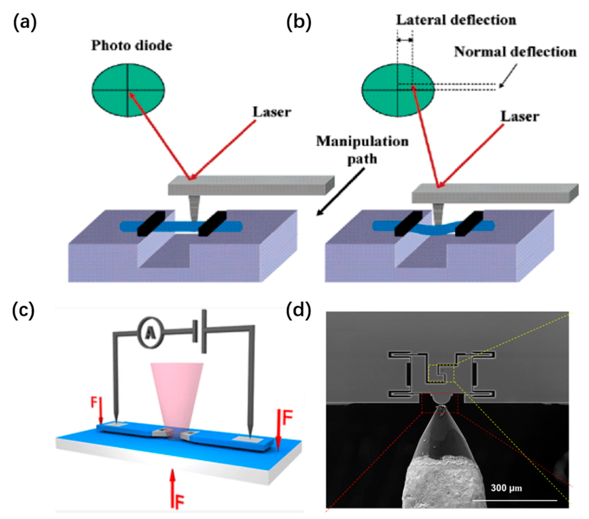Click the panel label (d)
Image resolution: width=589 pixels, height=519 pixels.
[x=299, y=311]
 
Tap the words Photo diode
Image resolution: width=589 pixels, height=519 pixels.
[x=132, y=46]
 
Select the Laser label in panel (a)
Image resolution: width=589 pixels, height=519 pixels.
[x=272, y=112]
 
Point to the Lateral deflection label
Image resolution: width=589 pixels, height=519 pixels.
[x=456, y=20]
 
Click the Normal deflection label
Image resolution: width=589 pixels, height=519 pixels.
[x=515, y=52]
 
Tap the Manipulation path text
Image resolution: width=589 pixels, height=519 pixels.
[x=362, y=150]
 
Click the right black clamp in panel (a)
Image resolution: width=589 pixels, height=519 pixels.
[x=212, y=223]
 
